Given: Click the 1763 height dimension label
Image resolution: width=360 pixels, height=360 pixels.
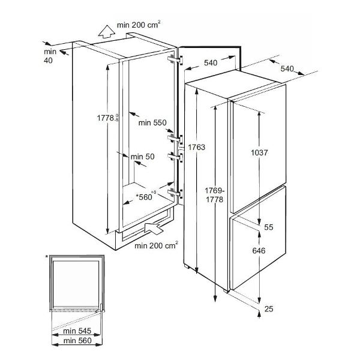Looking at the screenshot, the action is [197, 147].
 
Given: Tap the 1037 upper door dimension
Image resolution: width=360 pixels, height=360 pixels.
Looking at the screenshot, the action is [259, 152].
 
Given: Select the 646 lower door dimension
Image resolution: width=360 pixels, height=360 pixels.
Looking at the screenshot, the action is [259, 251].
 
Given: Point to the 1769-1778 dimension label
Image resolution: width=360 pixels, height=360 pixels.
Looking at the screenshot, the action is [215, 195].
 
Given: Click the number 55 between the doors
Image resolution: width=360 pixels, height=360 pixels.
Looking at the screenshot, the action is [269, 227].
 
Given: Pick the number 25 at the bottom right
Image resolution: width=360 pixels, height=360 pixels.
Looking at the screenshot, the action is [269, 309].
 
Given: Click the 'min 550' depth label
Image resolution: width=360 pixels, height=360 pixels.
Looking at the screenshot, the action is [152, 122].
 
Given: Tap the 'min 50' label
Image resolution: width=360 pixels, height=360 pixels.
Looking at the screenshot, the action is [143, 157].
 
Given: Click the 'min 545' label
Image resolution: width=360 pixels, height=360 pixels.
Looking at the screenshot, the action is [77, 331].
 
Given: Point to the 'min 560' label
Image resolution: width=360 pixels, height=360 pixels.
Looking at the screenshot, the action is [77, 341].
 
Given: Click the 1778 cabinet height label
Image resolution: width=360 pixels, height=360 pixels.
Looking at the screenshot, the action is [107, 118].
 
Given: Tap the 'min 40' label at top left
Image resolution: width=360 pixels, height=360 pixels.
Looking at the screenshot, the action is [50, 56].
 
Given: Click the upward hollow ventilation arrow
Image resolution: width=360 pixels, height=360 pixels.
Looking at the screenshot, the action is [107, 31].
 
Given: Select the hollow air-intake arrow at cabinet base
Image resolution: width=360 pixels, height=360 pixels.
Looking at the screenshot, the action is [154, 228].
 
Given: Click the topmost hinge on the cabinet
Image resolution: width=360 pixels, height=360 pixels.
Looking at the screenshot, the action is [175, 59].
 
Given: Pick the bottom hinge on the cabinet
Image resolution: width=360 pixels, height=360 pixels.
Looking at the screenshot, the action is [175, 193].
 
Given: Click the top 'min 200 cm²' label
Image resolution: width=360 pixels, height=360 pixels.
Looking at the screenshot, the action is [139, 25].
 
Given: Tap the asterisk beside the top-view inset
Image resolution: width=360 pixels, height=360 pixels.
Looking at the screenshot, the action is [47, 257].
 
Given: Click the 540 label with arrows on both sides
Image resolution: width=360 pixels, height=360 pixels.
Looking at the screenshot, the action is [211, 62].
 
